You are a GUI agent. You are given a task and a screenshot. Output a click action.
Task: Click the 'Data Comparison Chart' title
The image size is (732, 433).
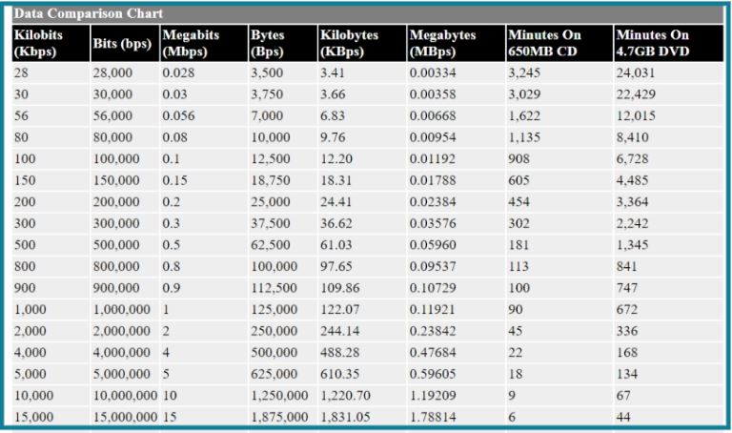coord(89,13)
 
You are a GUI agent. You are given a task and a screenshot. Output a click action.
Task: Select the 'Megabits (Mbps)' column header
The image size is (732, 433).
coord(191,43)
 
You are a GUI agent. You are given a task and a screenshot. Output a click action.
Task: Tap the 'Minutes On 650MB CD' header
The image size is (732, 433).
coord(544,43)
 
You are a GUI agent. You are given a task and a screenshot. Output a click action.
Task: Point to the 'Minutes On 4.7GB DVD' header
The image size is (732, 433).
coord(653,43)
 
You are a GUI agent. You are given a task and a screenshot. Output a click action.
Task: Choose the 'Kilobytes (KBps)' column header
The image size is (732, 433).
coord(349,43)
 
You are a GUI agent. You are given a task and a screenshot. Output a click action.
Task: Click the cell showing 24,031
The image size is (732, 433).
coord(636,72)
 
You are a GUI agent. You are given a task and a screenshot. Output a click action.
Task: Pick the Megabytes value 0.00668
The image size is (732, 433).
coord(433,115)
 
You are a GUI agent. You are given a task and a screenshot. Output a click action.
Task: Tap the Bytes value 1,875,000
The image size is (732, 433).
coord(279,417)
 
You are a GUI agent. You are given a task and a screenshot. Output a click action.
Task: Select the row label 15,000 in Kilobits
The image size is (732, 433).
coord(33,417)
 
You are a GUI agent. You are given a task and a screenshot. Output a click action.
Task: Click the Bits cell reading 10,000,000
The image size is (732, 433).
coord(125,395)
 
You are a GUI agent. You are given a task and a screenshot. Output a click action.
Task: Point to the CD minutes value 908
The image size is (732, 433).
coord(518,159)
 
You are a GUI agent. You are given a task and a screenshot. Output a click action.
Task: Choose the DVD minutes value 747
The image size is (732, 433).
coord(626,288)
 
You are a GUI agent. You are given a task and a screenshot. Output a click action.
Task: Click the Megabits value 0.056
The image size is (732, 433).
coord(178,115)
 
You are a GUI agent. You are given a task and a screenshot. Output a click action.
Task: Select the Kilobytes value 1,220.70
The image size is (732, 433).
coord(345,395)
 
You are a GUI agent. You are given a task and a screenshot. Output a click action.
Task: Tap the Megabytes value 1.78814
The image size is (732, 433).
coord(433,417)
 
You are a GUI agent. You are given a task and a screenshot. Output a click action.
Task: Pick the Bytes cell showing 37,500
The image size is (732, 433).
coord(271,223)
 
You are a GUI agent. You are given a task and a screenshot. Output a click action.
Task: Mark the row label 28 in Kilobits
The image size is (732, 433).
coord(21,72)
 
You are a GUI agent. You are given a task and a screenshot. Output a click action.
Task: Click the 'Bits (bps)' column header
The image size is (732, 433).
coord(122,44)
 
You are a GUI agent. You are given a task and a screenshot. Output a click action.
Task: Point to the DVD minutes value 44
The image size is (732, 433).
coord(623,417)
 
